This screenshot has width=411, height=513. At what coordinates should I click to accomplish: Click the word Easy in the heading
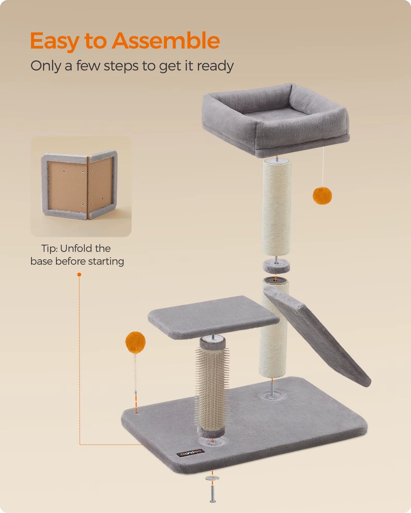point(54,41)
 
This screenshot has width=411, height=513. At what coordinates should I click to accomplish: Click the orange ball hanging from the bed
point(322,195)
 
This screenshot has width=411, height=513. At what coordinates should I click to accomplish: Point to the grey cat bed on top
point(275,119)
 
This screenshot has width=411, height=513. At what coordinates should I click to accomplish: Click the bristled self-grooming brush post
point(212,386)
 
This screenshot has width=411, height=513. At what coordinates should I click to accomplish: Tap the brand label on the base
point(191,453)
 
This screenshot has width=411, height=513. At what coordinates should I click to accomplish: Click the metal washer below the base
point(212,478)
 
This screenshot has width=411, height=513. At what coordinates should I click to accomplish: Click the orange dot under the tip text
point(79,274)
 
